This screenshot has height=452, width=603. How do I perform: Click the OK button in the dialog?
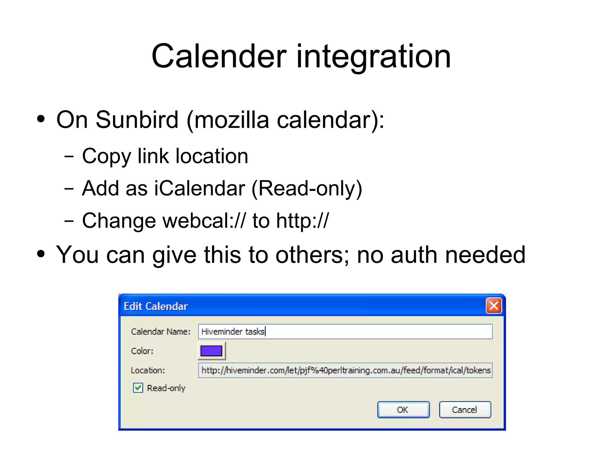click(x=403, y=410)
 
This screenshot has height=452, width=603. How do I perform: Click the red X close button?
click(x=493, y=306)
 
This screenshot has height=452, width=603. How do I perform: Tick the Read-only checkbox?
click(x=138, y=388)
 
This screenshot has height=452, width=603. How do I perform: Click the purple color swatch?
click(x=211, y=351)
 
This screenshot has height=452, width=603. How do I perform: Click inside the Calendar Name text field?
click(x=344, y=332)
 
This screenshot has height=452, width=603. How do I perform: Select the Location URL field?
click(x=344, y=370)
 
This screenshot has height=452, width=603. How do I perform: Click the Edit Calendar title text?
click(x=155, y=307)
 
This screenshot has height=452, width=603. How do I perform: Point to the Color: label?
click(x=142, y=351)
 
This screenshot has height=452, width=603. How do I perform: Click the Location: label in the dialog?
click(x=148, y=370)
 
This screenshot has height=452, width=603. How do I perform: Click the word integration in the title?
click(x=373, y=57)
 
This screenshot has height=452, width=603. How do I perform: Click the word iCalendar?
click(x=199, y=188)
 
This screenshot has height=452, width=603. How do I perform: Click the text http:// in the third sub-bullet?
click(x=302, y=221)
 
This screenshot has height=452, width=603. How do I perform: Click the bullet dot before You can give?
click(x=41, y=254)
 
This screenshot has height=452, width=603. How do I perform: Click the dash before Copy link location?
click(x=69, y=157)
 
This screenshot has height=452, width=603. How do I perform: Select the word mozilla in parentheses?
click(x=232, y=120)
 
